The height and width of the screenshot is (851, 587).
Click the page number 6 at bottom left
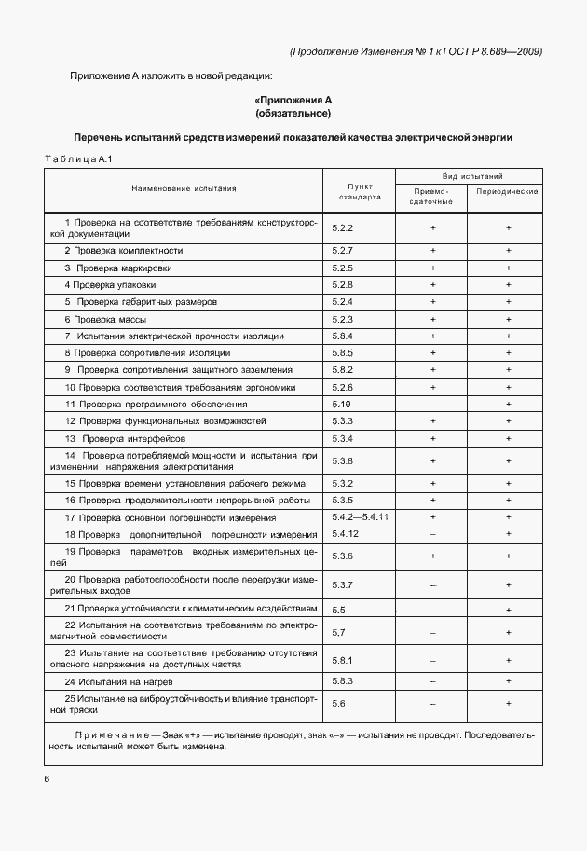coord(46,778)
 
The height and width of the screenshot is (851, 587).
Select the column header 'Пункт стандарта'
coord(358,191)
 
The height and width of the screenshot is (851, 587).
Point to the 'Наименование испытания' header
coord(184,188)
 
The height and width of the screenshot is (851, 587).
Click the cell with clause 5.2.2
coord(342,227)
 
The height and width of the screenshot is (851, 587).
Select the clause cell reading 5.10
coord(340,404)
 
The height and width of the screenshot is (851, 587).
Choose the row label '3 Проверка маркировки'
coord(117,268)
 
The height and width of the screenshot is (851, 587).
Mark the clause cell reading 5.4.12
coord(346,533)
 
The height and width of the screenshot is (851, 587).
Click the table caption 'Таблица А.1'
coord(78,159)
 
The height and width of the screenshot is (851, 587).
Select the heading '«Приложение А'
coord(293,100)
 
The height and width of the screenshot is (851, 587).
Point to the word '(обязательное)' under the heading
coord(293,113)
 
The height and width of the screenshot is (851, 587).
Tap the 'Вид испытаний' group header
coord(471,174)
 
